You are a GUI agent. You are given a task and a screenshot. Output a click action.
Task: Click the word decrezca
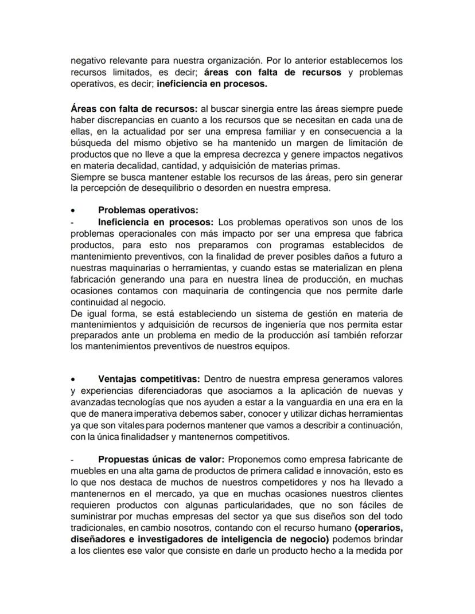(x=257, y=155)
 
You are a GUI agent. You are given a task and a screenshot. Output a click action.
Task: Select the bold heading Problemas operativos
(x=148, y=210)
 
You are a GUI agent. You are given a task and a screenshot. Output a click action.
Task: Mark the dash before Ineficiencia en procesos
(x=72, y=222)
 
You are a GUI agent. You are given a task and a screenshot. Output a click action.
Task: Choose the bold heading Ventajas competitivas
(x=149, y=379)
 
